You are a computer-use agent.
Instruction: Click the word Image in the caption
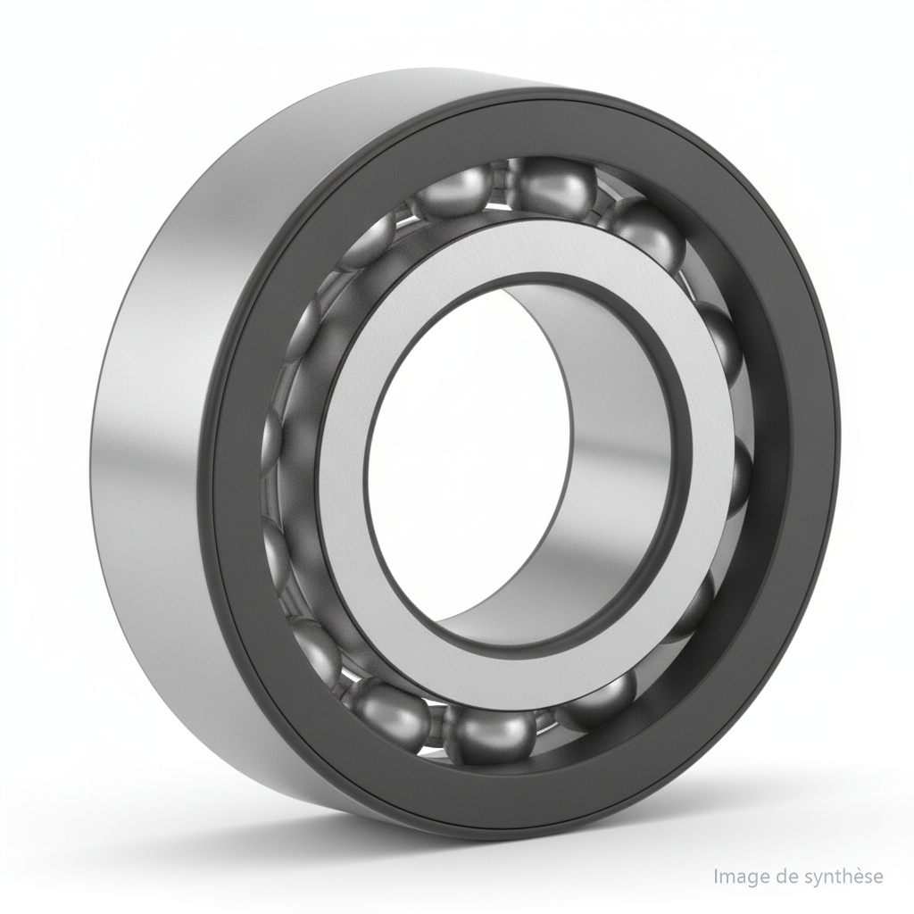[x=738, y=877]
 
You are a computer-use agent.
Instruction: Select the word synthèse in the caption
[x=840, y=877]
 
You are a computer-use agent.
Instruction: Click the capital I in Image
[x=717, y=877]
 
